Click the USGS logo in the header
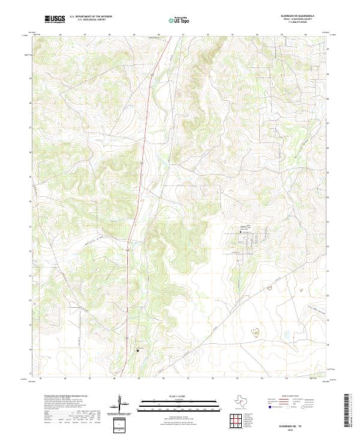coord(55,19)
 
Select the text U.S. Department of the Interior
coord(91,16)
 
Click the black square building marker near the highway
coord(137,350)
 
